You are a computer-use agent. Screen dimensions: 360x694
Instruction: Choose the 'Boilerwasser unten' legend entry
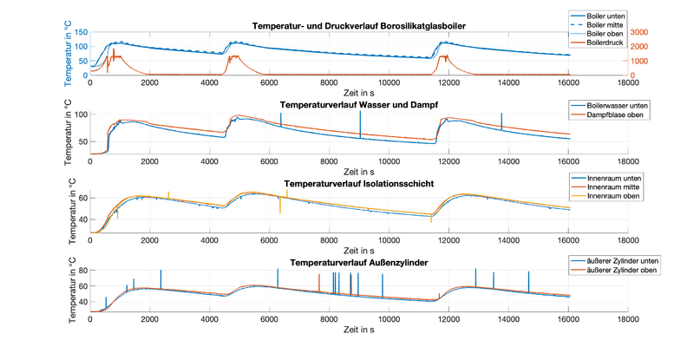pyautogui.click(x=612, y=106)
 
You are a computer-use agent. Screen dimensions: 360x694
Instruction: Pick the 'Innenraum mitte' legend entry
pyautogui.click(x=607, y=187)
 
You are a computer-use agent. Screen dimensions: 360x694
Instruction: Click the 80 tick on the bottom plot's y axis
pyautogui.click(x=80, y=271)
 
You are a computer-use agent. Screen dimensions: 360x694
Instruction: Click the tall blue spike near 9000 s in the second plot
pyautogui.click(x=360, y=123)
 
